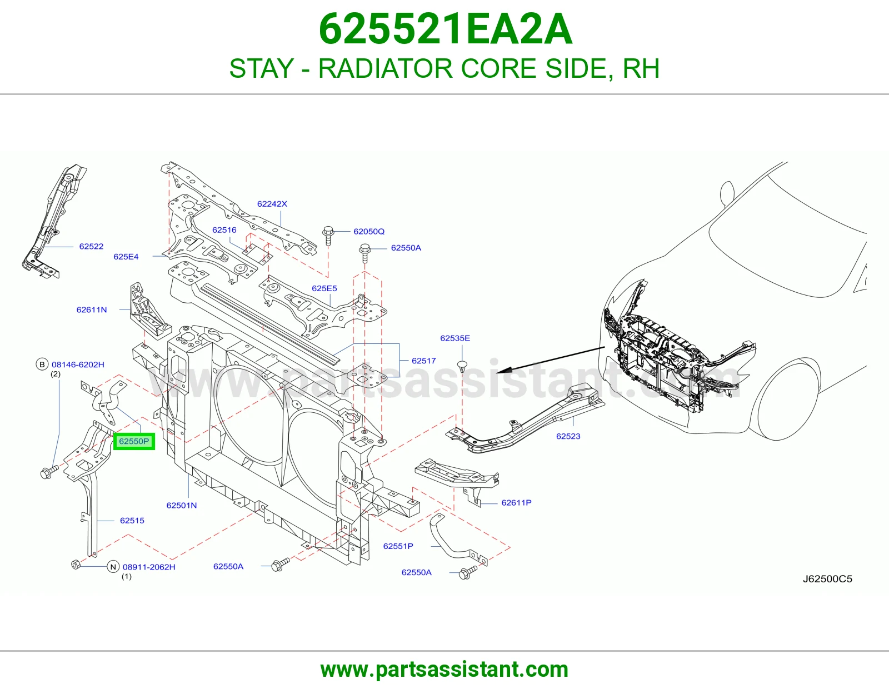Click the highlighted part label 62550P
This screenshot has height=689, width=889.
point(134,442)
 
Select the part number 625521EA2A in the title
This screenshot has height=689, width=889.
point(446,29)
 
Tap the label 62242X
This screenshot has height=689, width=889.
point(272,204)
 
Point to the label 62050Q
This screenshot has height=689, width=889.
point(369,232)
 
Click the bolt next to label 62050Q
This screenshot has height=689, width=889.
point(328,235)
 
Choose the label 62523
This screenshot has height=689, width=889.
point(568,436)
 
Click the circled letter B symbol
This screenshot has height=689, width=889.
point(42,364)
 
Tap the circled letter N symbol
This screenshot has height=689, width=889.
point(113,567)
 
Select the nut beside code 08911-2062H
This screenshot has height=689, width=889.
point(76,564)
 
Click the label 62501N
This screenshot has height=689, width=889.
point(182,505)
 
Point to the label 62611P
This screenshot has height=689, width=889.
point(516,502)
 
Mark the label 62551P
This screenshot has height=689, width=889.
point(398,546)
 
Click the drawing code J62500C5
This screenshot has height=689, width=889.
point(827,579)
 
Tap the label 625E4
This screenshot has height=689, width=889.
point(126,257)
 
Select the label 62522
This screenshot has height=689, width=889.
point(91,246)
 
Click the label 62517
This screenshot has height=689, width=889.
point(424,361)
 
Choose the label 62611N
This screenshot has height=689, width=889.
point(92,309)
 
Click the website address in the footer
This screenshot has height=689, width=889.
point(444,670)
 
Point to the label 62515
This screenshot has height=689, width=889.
point(132,521)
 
